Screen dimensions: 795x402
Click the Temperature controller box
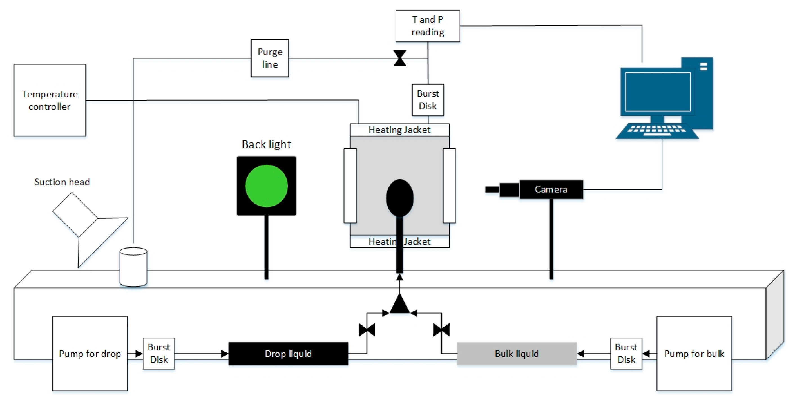(50, 100)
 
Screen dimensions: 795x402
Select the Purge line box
(270, 58)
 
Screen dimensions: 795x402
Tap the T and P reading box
(428, 26)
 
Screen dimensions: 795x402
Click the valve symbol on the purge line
(400, 58)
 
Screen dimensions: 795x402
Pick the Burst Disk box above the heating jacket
(428, 100)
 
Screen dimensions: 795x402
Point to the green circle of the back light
(266, 186)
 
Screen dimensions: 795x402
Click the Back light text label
(266, 144)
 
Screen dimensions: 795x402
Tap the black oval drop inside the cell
(400, 198)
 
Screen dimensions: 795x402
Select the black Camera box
(551, 189)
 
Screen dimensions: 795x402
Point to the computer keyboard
(657, 131)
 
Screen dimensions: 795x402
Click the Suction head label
(62, 182)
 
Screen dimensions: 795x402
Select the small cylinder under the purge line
(133, 267)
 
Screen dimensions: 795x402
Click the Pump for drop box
(90, 354)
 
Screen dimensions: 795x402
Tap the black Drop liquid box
(288, 354)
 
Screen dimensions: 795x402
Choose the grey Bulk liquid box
(517, 354)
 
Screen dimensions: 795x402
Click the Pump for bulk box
(694, 354)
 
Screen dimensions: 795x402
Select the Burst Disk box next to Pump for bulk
(626, 354)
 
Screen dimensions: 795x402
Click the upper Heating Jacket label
(399, 130)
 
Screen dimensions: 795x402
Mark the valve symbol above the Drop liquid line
(367, 330)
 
